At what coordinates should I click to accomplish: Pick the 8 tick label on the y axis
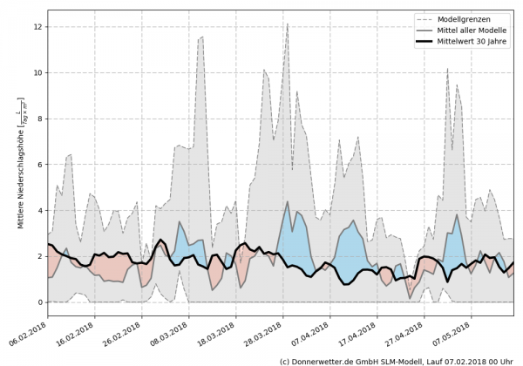[x=39, y=119]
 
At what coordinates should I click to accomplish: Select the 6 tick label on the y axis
[x=39, y=165]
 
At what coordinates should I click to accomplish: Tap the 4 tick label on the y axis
[x=39, y=210]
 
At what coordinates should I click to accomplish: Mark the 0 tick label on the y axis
[x=39, y=302]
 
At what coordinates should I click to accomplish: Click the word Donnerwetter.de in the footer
[x=326, y=360]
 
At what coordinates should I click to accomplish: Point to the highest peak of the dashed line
[x=288, y=24]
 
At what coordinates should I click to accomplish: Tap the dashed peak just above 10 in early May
[x=448, y=68]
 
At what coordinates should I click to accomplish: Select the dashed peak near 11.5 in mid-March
[x=202, y=37]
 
